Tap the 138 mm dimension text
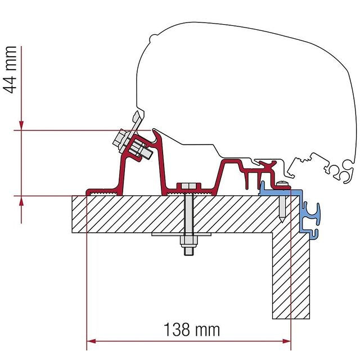coord(192,329)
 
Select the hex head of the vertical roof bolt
coord(188,187)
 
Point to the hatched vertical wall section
coord(291,276)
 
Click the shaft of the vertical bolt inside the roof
coord(188,214)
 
